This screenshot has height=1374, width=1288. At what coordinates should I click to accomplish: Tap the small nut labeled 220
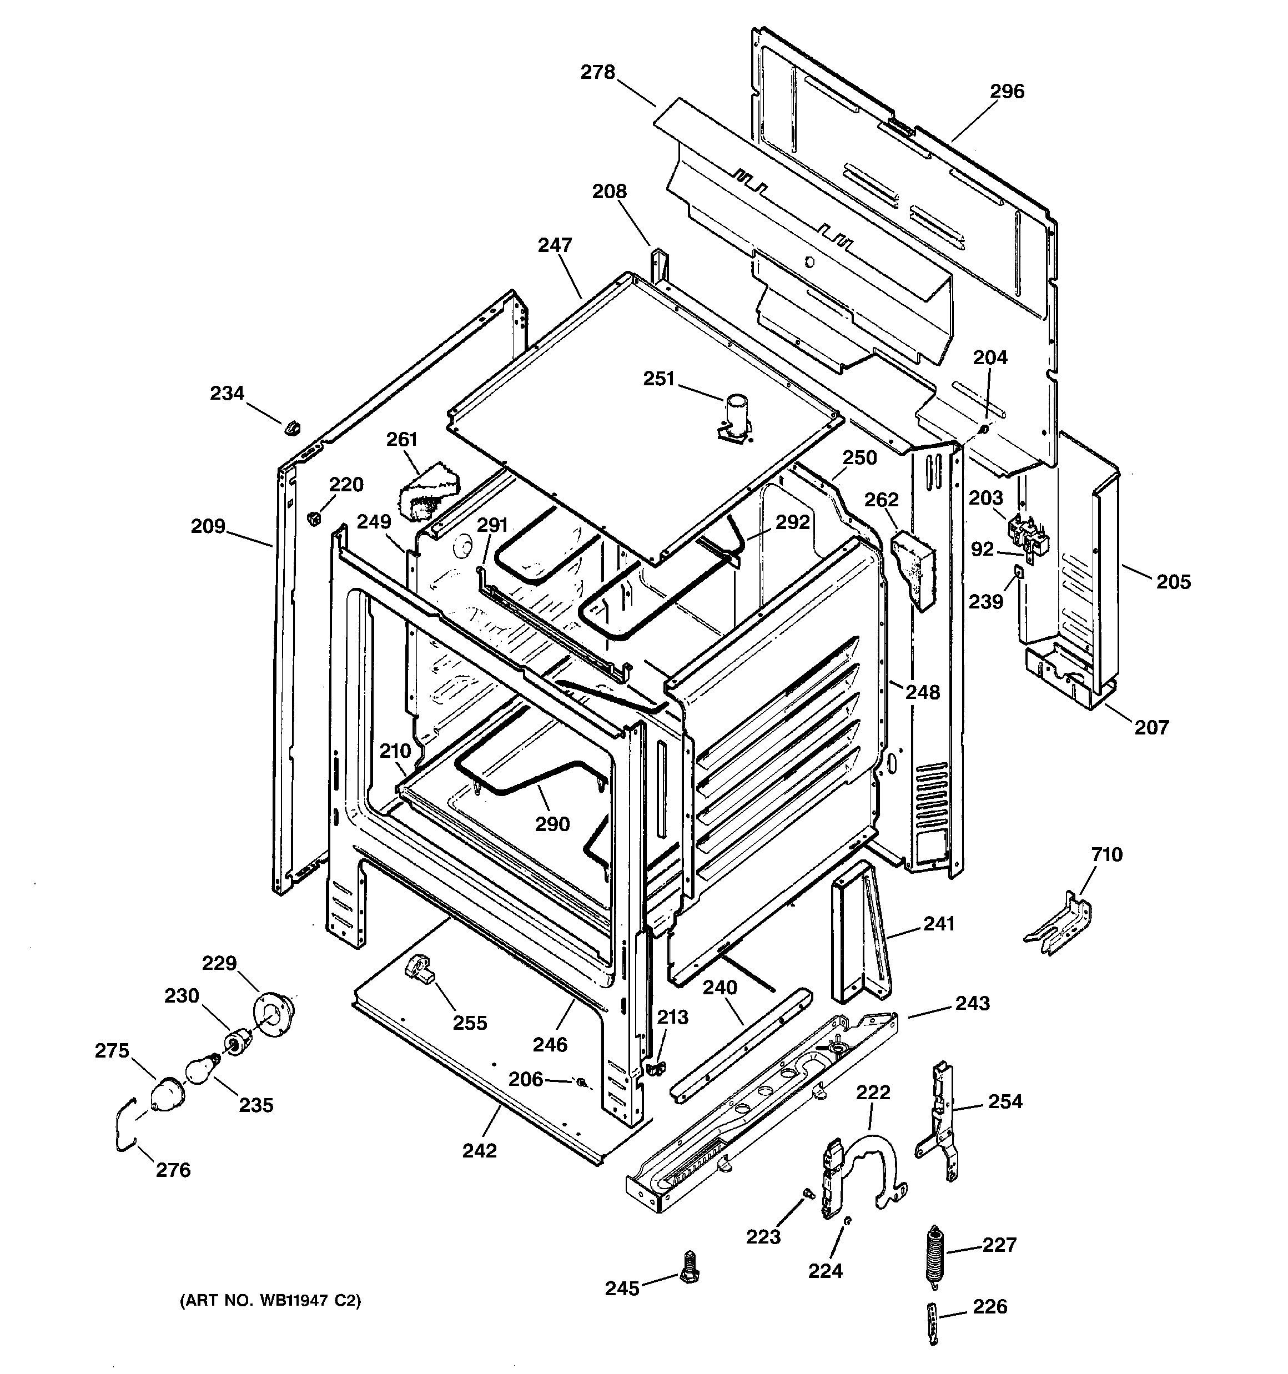pyautogui.click(x=313, y=517)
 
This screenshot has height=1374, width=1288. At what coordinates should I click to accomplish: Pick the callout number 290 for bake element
pyautogui.click(x=552, y=824)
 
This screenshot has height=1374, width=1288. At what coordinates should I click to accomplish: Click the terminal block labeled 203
pyautogui.click(x=1027, y=530)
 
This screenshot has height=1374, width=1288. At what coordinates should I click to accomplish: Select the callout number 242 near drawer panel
pyautogui.click(x=479, y=1151)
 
